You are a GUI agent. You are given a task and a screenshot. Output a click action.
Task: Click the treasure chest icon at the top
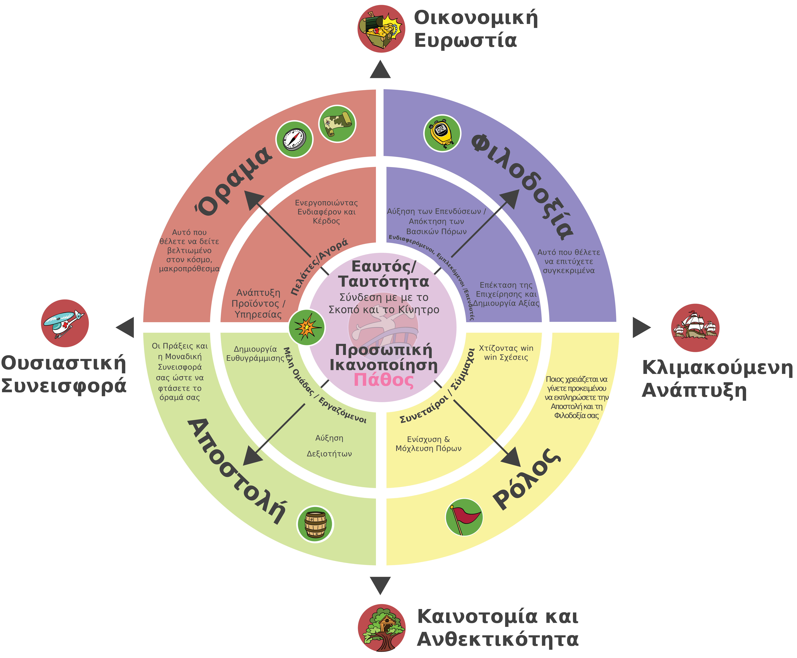click(381, 29)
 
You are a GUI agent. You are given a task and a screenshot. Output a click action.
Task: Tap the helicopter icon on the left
click(65, 323)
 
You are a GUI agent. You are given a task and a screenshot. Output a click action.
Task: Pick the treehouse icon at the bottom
click(381, 628)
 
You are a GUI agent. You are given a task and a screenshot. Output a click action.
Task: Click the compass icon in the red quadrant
click(294, 139)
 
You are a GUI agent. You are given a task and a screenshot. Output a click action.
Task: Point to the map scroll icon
click(337, 124)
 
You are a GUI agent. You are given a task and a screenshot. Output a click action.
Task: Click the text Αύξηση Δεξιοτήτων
click(329, 446)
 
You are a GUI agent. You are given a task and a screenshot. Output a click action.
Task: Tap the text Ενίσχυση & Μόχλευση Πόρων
click(428, 444)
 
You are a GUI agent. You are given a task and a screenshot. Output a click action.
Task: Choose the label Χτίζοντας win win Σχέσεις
click(506, 352)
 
